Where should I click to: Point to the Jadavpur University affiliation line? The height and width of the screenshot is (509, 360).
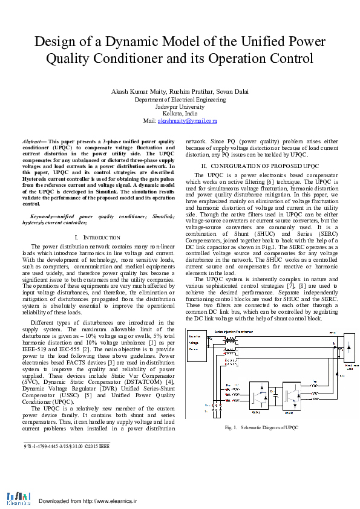[180, 106]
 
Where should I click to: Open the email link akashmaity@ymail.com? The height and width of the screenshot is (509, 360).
[188, 121]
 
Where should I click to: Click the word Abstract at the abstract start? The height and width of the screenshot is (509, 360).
[40, 141]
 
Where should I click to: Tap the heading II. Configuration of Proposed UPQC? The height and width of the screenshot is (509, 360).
[260, 166]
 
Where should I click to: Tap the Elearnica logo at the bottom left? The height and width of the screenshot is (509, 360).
[18, 497]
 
